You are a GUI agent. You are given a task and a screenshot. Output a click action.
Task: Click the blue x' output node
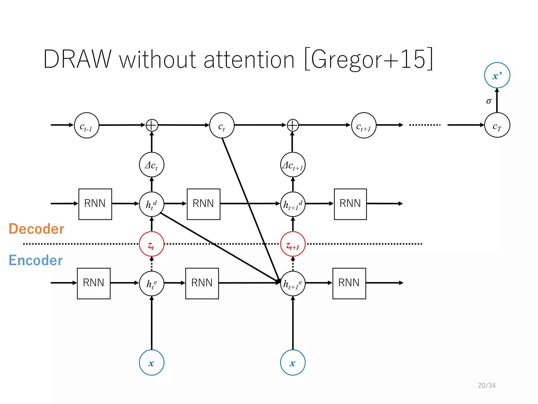tap(497, 75)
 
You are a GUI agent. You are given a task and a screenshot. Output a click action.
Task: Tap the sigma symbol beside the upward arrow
tap(489, 101)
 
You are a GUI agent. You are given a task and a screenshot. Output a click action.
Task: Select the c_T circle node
tap(497, 125)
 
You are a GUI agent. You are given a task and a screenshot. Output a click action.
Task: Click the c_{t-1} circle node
tap(86, 125)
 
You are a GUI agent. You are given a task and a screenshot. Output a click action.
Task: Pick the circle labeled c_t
tap(222, 125)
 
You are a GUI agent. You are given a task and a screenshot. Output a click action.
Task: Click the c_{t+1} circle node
tap(364, 125)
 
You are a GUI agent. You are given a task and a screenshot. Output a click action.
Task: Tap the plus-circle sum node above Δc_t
tap(152, 125)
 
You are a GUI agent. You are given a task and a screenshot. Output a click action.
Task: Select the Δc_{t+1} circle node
tap(293, 165)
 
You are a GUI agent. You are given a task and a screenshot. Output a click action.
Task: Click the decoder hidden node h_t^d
tap(152, 204)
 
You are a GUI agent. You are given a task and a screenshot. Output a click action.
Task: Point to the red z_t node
tap(152, 244)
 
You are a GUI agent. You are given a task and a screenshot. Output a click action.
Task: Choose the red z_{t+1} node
tap(293, 244)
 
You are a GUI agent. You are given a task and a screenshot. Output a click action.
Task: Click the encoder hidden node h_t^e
tap(152, 283)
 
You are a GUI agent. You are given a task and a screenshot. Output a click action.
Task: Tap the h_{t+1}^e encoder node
tap(293, 283)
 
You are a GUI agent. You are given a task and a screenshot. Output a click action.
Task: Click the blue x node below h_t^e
tap(152, 362)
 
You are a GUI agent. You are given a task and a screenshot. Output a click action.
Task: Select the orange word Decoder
tap(36, 229)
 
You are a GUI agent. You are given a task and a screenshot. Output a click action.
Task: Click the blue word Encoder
tap(35, 260)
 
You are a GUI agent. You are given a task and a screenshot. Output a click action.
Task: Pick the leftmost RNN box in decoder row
tap(95, 204)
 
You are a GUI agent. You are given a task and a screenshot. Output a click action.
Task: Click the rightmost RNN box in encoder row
tap(349, 283)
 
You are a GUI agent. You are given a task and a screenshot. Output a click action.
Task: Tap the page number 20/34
tap(487, 385)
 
